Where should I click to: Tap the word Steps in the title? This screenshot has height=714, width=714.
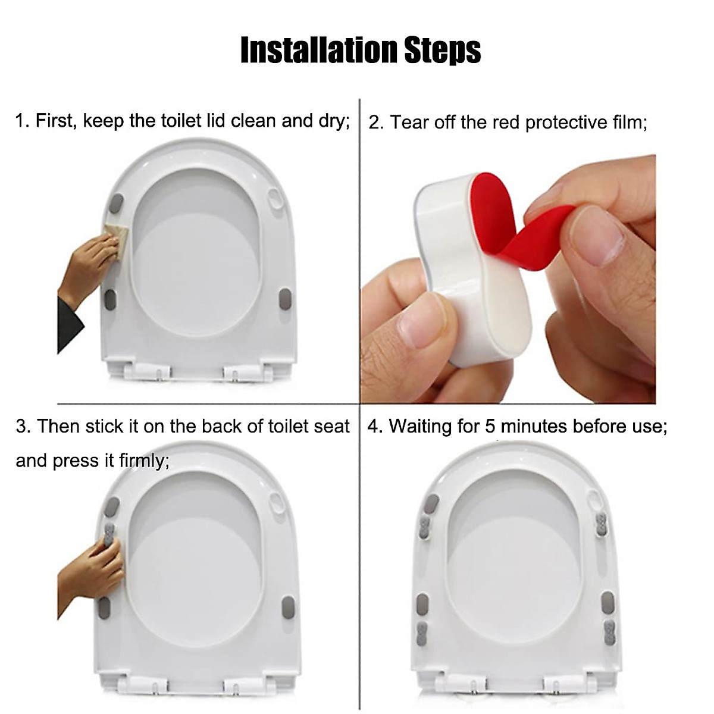pos(443,50)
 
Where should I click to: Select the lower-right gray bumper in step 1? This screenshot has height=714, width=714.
pos(285,299)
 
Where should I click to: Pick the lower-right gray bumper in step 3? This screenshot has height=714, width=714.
pos(288,607)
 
